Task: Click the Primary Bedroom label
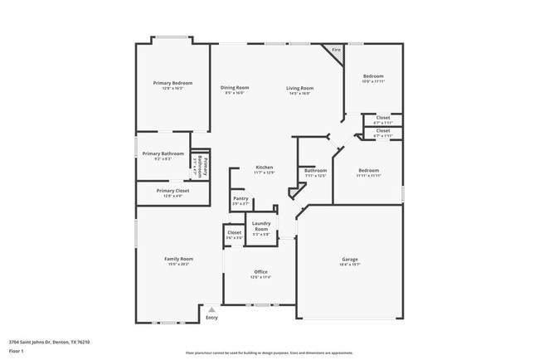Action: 172,83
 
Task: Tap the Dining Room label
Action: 235,88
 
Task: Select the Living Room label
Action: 299,88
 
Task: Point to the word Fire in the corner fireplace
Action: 337,51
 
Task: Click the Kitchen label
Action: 264,168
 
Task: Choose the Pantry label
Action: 240,198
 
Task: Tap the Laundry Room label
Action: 261,226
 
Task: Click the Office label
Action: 260,272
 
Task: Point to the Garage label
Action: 350,259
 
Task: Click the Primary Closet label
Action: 172,191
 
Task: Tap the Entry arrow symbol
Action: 211,309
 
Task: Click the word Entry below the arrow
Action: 211,318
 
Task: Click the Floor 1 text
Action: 17,351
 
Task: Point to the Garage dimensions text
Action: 350,265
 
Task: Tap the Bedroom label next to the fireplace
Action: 373,76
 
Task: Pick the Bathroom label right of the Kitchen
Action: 316,171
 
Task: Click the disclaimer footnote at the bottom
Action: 269,353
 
